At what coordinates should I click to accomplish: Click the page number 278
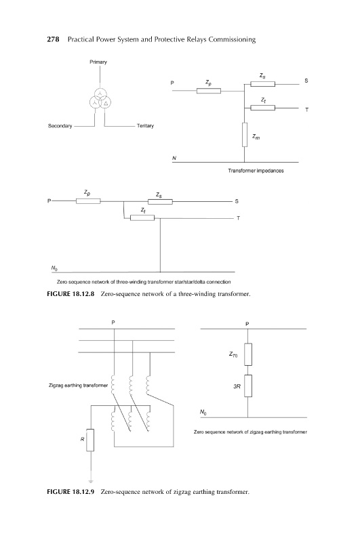pos(53,39)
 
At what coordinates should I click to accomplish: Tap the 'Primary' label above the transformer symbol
pos(98,62)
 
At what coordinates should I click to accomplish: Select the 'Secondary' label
pos(60,126)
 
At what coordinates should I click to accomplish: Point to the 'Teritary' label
pos(145,126)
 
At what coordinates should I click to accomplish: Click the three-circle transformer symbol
pos(100,98)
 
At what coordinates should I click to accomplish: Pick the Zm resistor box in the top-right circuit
pos(245,134)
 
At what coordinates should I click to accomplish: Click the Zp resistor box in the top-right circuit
pos(209,91)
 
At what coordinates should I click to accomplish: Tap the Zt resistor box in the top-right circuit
pos(263,108)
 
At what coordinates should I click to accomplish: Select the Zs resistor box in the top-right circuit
pos(263,84)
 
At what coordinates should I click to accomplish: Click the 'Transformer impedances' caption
pos(256,171)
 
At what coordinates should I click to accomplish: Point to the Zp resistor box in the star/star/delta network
pos(88,201)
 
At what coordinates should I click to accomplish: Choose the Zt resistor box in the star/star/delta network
pos(142,217)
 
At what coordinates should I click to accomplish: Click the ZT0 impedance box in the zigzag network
pos(248,354)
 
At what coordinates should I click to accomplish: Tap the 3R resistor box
pos(248,385)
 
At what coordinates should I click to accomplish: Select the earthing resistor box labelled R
pos(90,440)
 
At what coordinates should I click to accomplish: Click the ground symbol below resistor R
pos(91,481)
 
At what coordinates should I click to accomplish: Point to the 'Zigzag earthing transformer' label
pos(78,385)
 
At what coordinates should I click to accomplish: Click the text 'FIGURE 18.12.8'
pos(71,294)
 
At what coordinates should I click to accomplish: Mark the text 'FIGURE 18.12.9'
pos(71,492)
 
